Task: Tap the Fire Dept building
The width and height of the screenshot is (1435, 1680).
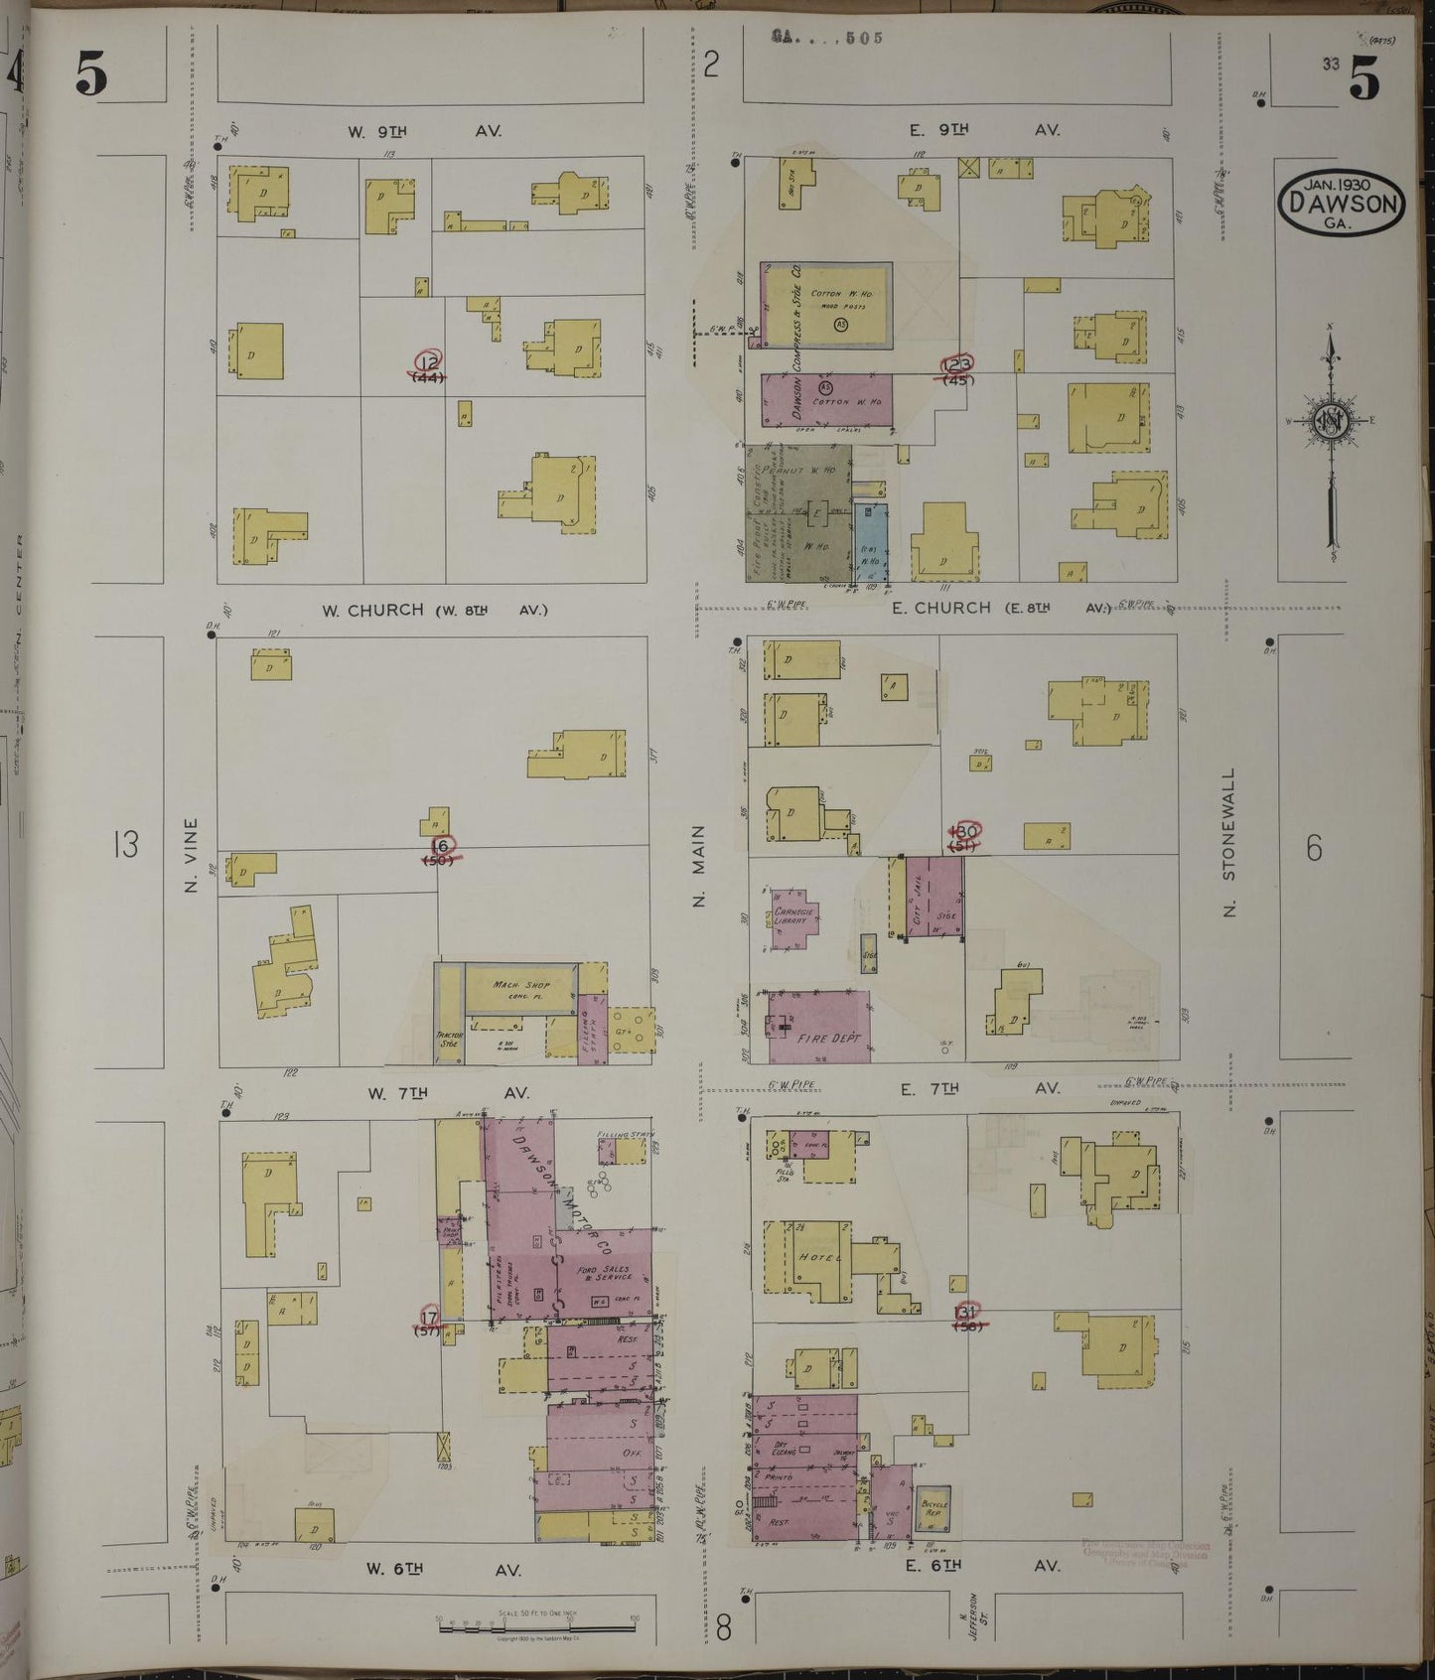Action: [x=818, y=1027]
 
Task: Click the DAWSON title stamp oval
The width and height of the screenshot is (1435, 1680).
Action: [x=1341, y=203]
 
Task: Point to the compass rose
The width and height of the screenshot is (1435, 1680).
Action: [x=1330, y=421]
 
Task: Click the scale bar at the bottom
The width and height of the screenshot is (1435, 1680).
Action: [x=536, y=1625]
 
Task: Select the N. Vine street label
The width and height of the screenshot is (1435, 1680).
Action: [x=193, y=853]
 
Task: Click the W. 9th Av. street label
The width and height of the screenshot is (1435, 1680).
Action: [x=424, y=131]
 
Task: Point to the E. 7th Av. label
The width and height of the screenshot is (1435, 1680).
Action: [x=979, y=1088]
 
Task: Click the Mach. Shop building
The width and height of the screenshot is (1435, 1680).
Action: [x=520, y=988]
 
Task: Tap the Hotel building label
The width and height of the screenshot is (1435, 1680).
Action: [x=813, y=1256]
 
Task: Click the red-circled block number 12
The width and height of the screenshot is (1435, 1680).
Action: [x=430, y=361]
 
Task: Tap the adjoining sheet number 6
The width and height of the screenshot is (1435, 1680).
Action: [x=1314, y=848]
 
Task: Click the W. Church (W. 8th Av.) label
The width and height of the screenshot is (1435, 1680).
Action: [x=434, y=610]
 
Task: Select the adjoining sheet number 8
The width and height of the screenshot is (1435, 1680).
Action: [x=723, y=1628]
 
